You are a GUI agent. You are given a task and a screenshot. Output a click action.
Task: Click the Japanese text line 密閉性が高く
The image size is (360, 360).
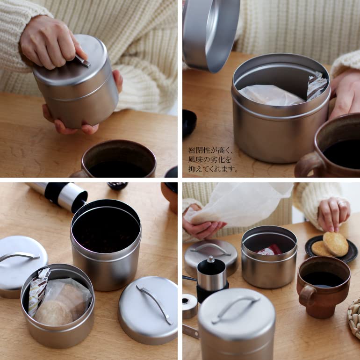(x=210, y=151)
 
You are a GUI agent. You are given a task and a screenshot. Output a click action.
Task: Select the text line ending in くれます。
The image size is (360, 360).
(x=213, y=169)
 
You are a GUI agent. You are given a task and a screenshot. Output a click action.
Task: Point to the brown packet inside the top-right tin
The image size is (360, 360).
(x=317, y=86)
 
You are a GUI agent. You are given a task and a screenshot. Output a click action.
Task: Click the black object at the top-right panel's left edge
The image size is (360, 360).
(x=188, y=122)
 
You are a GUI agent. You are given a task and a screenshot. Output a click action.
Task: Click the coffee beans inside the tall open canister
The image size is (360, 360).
(x=106, y=231)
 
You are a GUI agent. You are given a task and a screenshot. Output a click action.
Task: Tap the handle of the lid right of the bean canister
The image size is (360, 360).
(x=154, y=304)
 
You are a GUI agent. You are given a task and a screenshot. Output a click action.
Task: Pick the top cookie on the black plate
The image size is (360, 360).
(x=336, y=243)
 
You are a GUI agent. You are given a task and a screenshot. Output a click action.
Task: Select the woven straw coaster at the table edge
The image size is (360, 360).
(x=354, y=318)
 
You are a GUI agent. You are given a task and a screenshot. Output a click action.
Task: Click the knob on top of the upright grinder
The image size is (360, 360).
(x=211, y=259)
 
